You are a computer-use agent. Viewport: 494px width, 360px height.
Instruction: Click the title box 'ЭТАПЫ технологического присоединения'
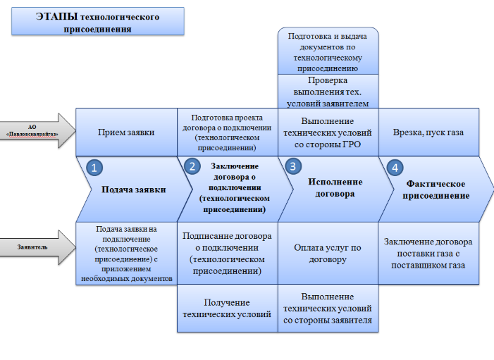pyautogui.click(x=97, y=22)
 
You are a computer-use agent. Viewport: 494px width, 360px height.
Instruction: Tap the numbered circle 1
pyautogui.click(x=94, y=168)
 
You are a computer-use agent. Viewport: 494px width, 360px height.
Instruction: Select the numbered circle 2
pyautogui.click(x=192, y=167)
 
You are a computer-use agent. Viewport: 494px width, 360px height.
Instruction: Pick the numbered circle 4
pyautogui.click(x=395, y=168)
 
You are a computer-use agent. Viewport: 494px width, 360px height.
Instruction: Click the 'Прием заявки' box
pyautogui.click(x=125, y=132)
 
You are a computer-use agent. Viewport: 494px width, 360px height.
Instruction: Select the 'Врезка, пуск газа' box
pyautogui.click(x=431, y=132)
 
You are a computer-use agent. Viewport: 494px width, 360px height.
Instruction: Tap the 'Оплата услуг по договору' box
pyautogui.click(x=328, y=253)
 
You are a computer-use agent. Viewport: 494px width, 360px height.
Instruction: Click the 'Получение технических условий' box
pyautogui.click(x=227, y=309)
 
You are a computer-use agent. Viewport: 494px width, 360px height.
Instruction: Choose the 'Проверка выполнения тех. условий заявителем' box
pyautogui.click(x=328, y=92)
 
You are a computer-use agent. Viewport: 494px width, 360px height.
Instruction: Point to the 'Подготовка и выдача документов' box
pyautogui.click(x=328, y=51)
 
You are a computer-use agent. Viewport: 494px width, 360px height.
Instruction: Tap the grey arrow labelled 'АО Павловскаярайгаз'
pyautogui.click(x=37, y=130)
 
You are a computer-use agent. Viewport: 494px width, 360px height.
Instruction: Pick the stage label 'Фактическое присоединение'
pyautogui.click(x=435, y=190)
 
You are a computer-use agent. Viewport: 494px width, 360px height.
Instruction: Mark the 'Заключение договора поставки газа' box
pyautogui.click(x=428, y=253)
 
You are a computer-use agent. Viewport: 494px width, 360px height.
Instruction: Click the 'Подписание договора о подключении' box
pyautogui.click(x=227, y=253)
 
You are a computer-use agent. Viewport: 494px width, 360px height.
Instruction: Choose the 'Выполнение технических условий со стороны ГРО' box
pyautogui.click(x=328, y=132)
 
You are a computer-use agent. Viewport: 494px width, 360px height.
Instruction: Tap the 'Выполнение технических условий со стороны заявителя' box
pyautogui.click(x=328, y=309)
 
